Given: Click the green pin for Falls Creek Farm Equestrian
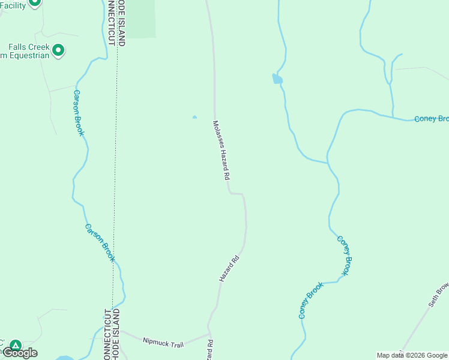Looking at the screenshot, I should (x=58, y=50).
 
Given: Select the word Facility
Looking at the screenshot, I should (x=13, y=5).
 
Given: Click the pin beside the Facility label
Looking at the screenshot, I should (x=34, y=2).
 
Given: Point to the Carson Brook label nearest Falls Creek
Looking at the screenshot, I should (x=79, y=113).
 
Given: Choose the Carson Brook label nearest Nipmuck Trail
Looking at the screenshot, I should (x=100, y=242).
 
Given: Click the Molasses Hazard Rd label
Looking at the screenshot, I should (x=221, y=151).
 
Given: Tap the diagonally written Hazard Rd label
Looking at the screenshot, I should (x=229, y=268).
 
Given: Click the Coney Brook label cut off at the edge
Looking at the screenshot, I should (x=431, y=119).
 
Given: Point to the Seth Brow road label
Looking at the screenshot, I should (x=438, y=295).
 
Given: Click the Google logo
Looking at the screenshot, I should (x=20, y=353).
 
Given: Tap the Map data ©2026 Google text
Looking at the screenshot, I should (x=412, y=355).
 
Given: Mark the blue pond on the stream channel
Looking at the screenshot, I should (x=277, y=79).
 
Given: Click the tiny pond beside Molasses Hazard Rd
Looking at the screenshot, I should (x=194, y=117).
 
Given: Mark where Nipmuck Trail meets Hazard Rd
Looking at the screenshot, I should (x=209, y=334).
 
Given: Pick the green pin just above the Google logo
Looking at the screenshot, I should (x=16, y=346).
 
